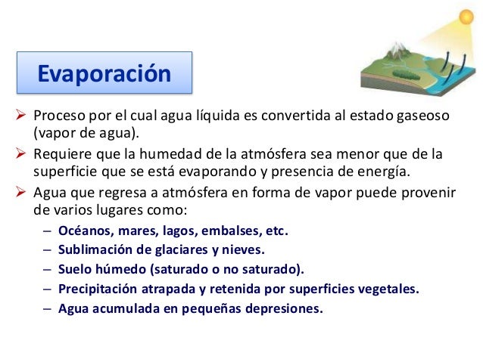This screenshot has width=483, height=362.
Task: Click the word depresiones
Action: click(x=285, y=308)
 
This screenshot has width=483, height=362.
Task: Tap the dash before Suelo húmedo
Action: click(x=47, y=269)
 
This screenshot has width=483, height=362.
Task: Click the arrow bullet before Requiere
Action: click(x=20, y=155)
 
